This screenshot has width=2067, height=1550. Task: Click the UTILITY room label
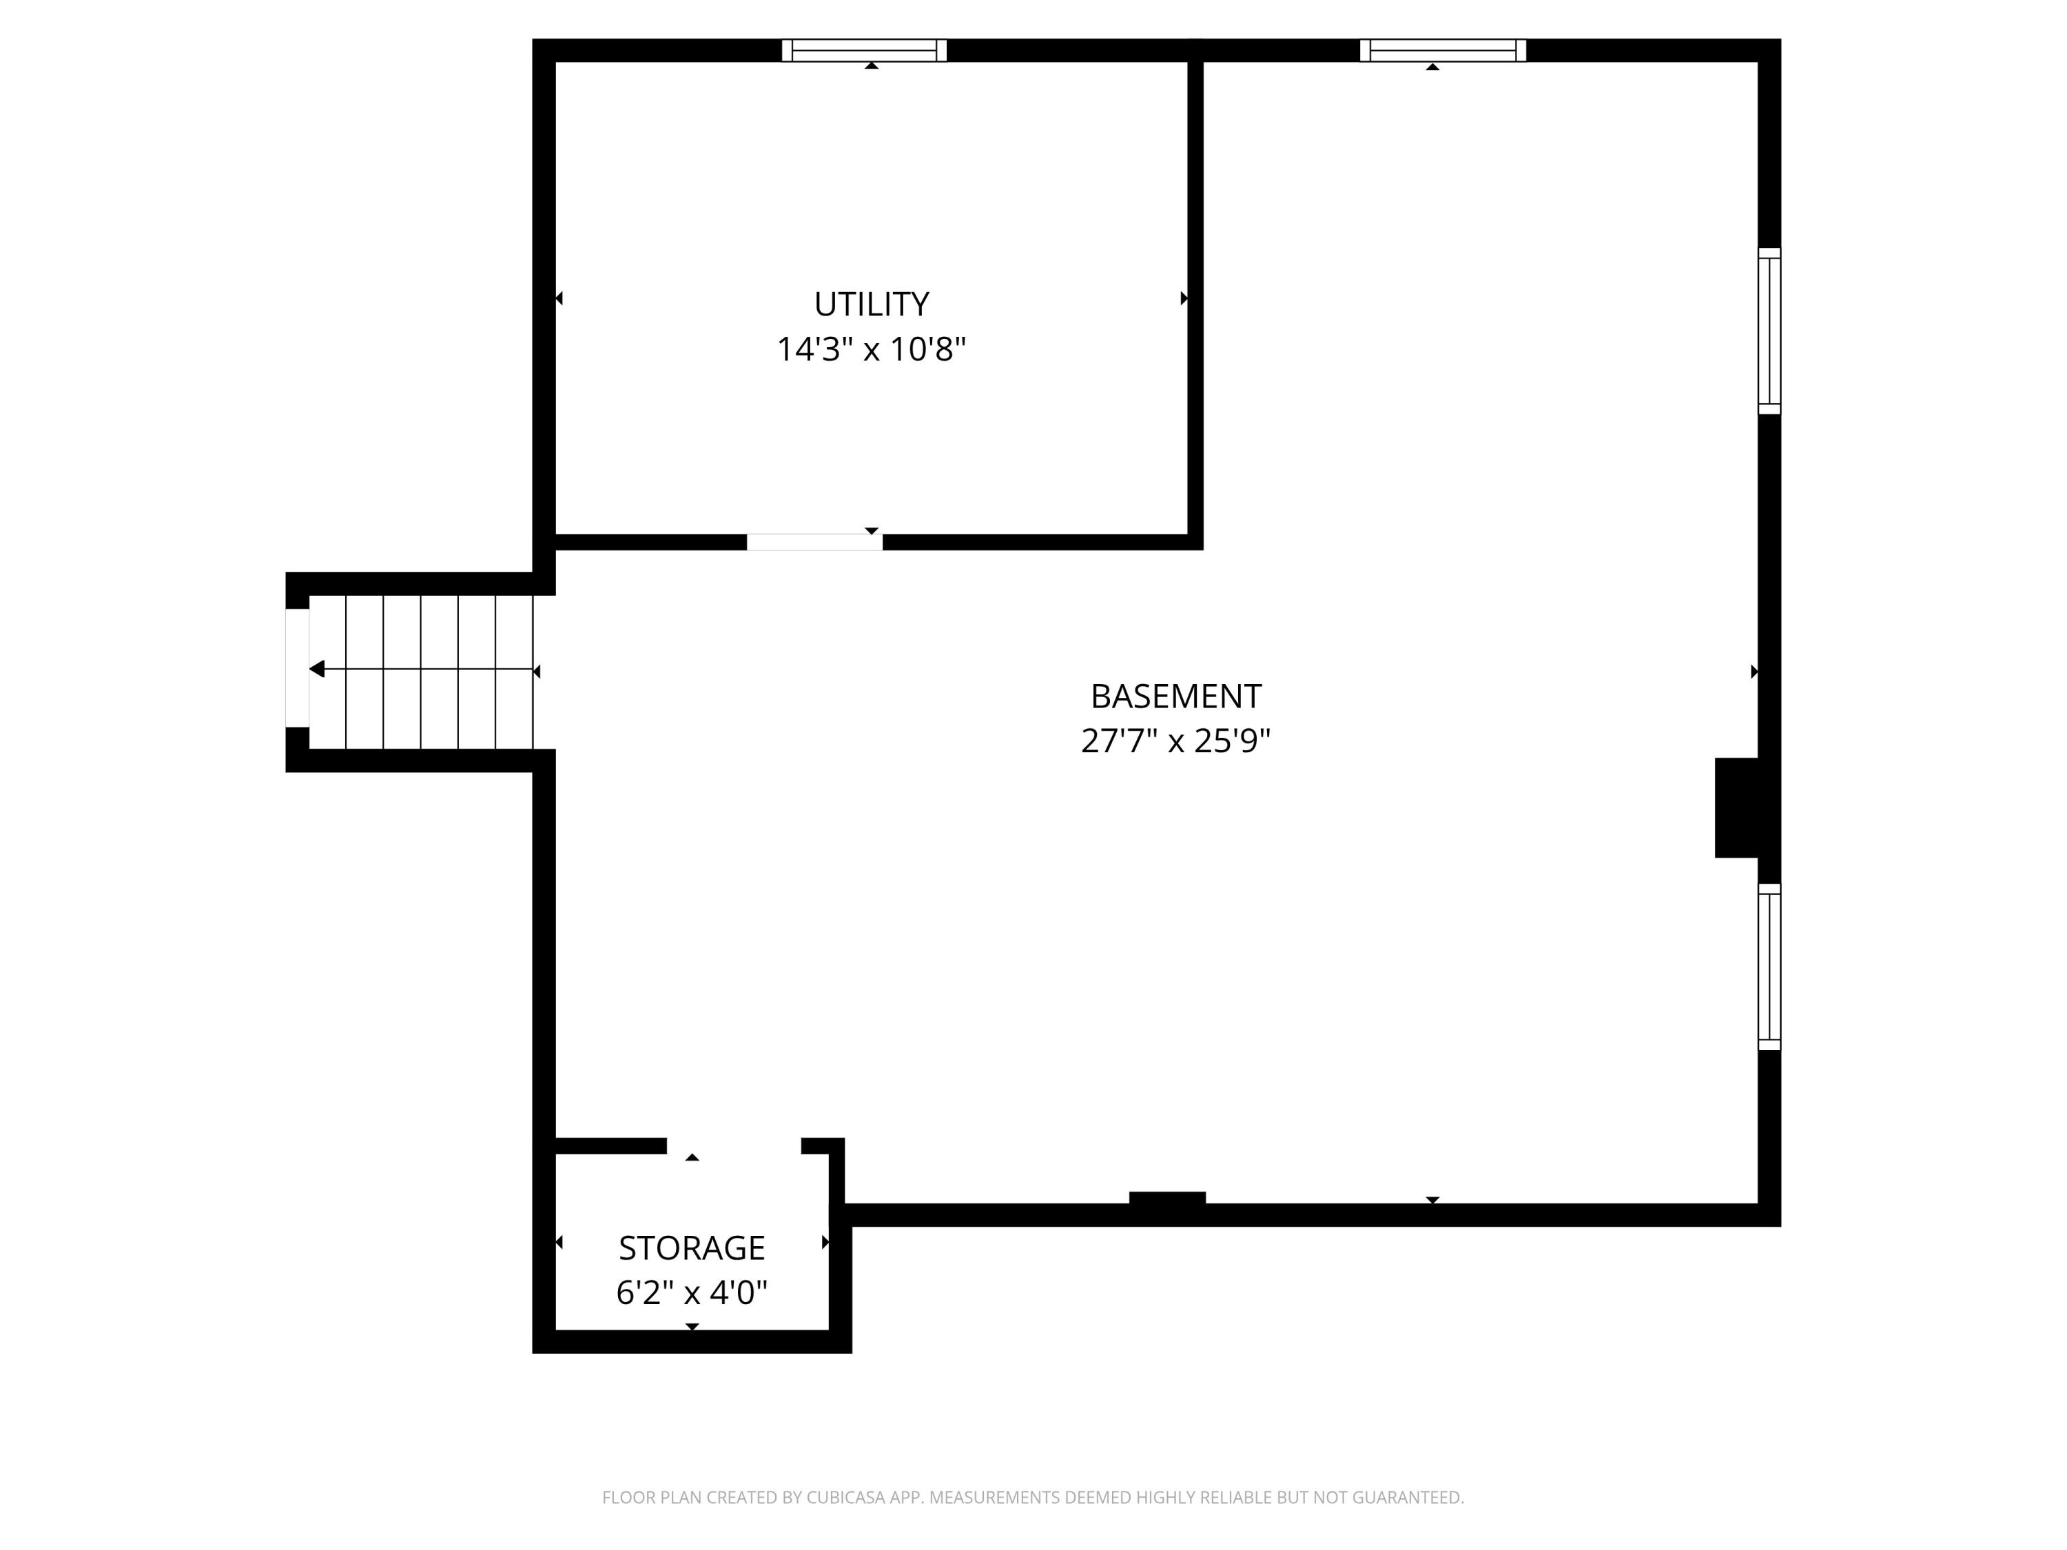(871, 304)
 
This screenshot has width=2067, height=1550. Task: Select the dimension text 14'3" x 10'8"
(871, 349)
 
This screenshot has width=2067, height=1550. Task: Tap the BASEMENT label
(1175, 696)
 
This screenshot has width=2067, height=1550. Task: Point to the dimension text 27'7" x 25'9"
(1175, 741)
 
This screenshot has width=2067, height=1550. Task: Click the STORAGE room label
(692, 1248)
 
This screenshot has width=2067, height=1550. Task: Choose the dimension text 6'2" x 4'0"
(692, 1292)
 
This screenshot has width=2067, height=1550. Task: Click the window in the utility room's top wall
(863, 50)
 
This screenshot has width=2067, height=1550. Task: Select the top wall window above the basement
(1442, 50)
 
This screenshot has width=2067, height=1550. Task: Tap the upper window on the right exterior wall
(1768, 331)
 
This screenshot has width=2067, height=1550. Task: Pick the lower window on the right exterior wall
(1768, 966)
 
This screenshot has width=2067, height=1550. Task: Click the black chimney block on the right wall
(1736, 807)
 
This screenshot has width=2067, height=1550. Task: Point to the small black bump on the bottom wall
(1167, 1198)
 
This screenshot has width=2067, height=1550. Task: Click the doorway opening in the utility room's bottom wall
(814, 542)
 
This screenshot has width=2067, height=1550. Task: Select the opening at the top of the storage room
(734, 1146)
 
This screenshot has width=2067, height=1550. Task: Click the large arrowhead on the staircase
(318, 669)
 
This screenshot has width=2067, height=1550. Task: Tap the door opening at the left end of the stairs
(297, 668)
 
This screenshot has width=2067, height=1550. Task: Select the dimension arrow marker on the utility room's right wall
(1184, 299)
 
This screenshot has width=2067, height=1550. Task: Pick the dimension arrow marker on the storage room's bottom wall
(692, 1326)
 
